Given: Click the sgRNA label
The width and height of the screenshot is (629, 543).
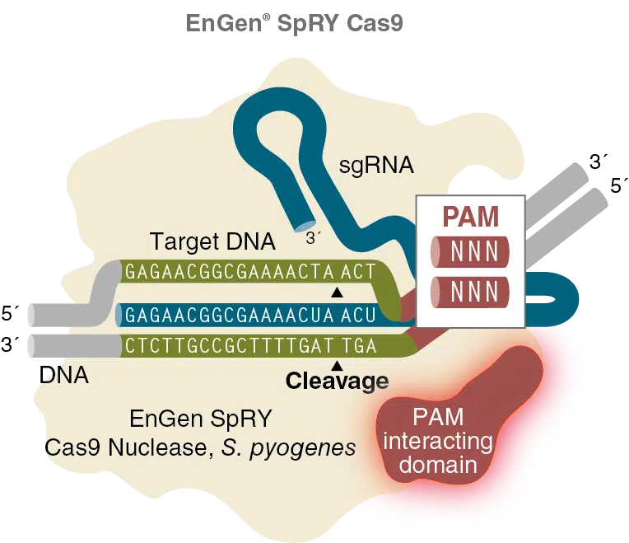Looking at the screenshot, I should point(376,166).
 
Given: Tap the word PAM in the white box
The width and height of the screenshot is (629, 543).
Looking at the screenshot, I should point(470,217).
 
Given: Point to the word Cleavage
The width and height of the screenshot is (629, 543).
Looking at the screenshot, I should point(337,381).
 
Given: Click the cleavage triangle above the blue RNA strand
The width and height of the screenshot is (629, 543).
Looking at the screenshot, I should point(335,293).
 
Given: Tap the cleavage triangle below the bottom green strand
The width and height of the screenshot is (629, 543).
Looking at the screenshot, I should point(335,364).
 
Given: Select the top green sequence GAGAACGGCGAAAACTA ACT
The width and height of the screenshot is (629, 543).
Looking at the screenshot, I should point(250,271).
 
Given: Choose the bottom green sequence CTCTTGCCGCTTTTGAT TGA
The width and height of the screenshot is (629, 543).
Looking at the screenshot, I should point(250,346).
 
